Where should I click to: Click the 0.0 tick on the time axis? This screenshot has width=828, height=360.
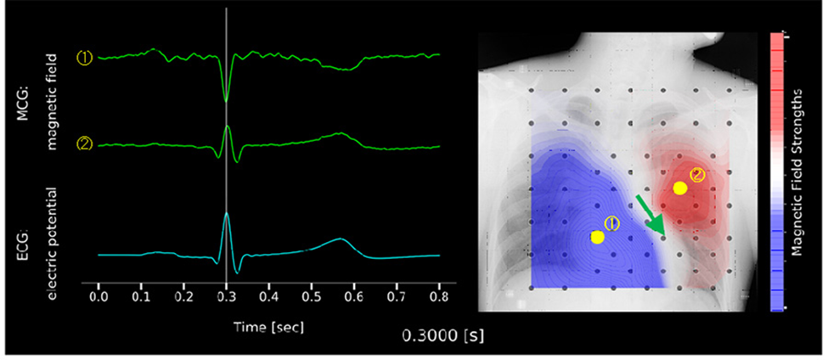click(99, 300)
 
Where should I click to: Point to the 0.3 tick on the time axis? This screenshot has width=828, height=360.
click(226, 300)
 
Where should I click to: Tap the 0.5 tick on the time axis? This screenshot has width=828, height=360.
click(312, 300)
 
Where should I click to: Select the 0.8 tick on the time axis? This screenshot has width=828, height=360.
click(439, 300)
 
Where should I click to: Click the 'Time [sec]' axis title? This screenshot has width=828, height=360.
click(268, 325)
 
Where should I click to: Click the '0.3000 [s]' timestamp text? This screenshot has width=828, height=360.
click(442, 335)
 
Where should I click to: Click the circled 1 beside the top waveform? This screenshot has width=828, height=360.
click(84, 58)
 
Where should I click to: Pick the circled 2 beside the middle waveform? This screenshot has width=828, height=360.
click(84, 143)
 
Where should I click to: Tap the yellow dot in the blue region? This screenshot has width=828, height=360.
click(597, 237)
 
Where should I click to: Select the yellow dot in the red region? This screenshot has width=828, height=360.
click(679, 188)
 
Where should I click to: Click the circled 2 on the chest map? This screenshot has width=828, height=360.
click(697, 176)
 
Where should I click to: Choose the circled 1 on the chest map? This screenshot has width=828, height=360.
click(612, 224)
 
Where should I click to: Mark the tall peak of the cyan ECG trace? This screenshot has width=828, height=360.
click(227, 214)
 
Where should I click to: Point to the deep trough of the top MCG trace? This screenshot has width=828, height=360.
click(226, 100)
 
